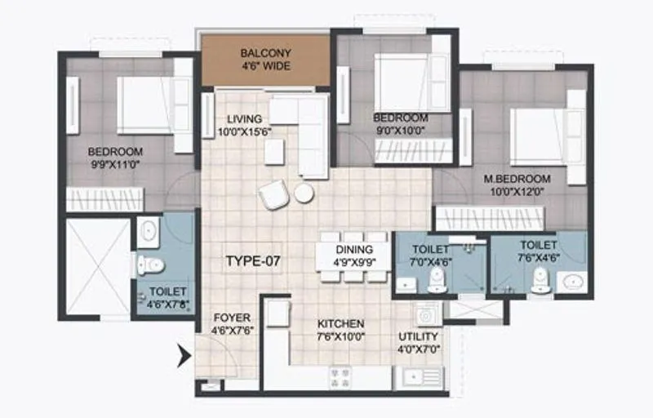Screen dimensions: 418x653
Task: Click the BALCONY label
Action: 265,54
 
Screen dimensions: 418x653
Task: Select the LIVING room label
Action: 244,118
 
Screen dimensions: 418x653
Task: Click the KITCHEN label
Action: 341,324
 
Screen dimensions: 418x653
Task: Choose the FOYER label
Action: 232,318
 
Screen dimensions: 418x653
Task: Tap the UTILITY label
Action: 419,336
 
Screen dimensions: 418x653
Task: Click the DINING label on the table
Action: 353,250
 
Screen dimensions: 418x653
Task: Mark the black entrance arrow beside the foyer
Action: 184,354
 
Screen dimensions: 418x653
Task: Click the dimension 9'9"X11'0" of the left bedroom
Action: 115,164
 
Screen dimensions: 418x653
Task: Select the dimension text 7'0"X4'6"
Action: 430,262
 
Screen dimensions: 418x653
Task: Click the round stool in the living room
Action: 304,193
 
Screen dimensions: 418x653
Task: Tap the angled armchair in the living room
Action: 273,195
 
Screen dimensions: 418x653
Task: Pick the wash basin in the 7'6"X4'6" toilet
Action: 573,282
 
